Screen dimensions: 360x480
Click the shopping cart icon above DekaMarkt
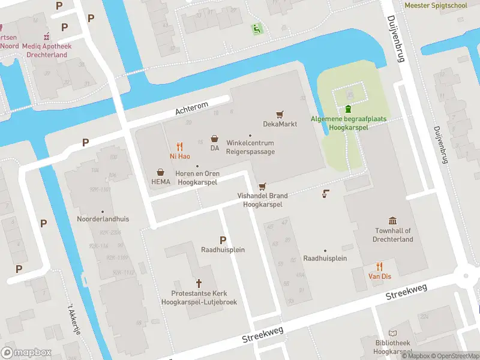(279, 114)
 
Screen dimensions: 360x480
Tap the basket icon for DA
(214, 138)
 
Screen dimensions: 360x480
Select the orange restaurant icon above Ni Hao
(179, 146)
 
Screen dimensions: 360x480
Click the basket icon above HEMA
(161, 172)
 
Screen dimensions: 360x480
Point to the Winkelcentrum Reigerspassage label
(250, 148)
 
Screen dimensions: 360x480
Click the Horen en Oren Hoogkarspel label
(197, 178)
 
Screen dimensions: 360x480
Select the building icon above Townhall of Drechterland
(393, 221)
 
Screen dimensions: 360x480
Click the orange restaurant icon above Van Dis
(379, 266)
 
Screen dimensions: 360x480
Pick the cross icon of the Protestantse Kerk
(199, 283)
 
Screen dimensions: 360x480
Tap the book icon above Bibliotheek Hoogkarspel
(392, 333)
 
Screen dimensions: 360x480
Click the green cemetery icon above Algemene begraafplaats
(349, 109)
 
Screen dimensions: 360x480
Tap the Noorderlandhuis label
(103, 219)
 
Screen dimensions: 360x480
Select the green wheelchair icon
(257, 28)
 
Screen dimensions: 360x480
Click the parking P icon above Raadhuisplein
(223, 239)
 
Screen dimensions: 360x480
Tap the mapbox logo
(25, 352)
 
